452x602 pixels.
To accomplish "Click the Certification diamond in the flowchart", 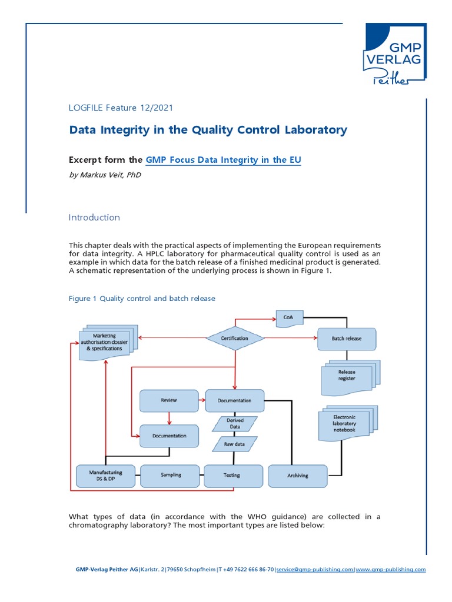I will pos(234,338).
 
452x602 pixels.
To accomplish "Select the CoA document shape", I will pos(288,318).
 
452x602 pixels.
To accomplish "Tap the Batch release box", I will pos(347,339).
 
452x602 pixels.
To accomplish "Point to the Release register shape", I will pos(347,376).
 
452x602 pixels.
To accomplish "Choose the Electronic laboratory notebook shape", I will pos(345,423).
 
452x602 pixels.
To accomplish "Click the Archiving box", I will pos(297,475).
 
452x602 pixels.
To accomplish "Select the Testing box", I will pos(232,474).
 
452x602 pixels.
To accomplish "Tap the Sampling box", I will pos(171,474).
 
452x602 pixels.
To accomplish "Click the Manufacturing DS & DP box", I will pos(106,475).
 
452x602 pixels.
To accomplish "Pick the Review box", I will pos(169,400).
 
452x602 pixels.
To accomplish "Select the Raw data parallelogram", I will pos(234,444).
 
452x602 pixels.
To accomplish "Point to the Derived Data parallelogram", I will pos(235,424).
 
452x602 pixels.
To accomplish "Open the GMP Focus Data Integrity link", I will pos(223,159).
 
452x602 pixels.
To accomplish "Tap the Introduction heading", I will pos(94,217).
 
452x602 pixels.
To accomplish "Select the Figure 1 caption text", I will pos(142,298).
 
